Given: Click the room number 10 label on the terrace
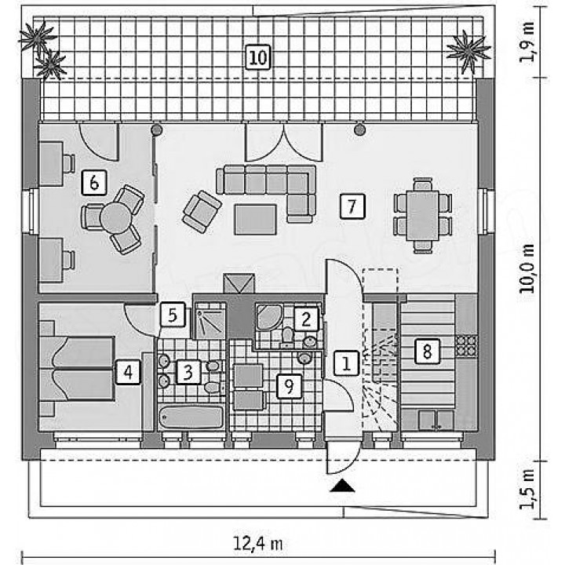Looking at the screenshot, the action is pyautogui.click(x=258, y=57).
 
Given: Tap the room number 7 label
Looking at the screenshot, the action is pyautogui.click(x=352, y=206).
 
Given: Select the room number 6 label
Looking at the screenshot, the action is pyautogui.click(x=94, y=183).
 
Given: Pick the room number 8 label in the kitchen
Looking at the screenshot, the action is pyautogui.click(x=427, y=351).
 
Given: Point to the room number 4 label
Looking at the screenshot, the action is pyautogui.click(x=128, y=372).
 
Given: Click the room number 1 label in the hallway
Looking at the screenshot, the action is pyautogui.click(x=346, y=363).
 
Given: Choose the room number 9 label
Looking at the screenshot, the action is pyautogui.click(x=290, y=386).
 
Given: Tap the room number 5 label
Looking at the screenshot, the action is pyautogui.click(x=173, y=315).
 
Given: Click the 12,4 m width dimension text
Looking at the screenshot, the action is pyautogui.click(x=257, y=543).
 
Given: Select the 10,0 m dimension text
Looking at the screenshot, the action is pyautogui.click(x=528, y=268).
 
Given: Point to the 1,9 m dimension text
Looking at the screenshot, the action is pyautogui.click(x=528, y=42).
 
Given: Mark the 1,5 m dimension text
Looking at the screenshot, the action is pyautogui.click(x=528, y=490).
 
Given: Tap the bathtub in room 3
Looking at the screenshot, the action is pyautogui.click(x=191, y=417).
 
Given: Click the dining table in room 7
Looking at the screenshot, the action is pyautogui.click(x=423, y=216).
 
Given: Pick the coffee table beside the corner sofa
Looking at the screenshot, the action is pyautogui.click(x=256, y=220).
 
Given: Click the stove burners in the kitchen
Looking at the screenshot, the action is pyautogui.click(x=466, y=344).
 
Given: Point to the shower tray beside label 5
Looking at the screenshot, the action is pyautogui.click(x=210, y=320).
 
